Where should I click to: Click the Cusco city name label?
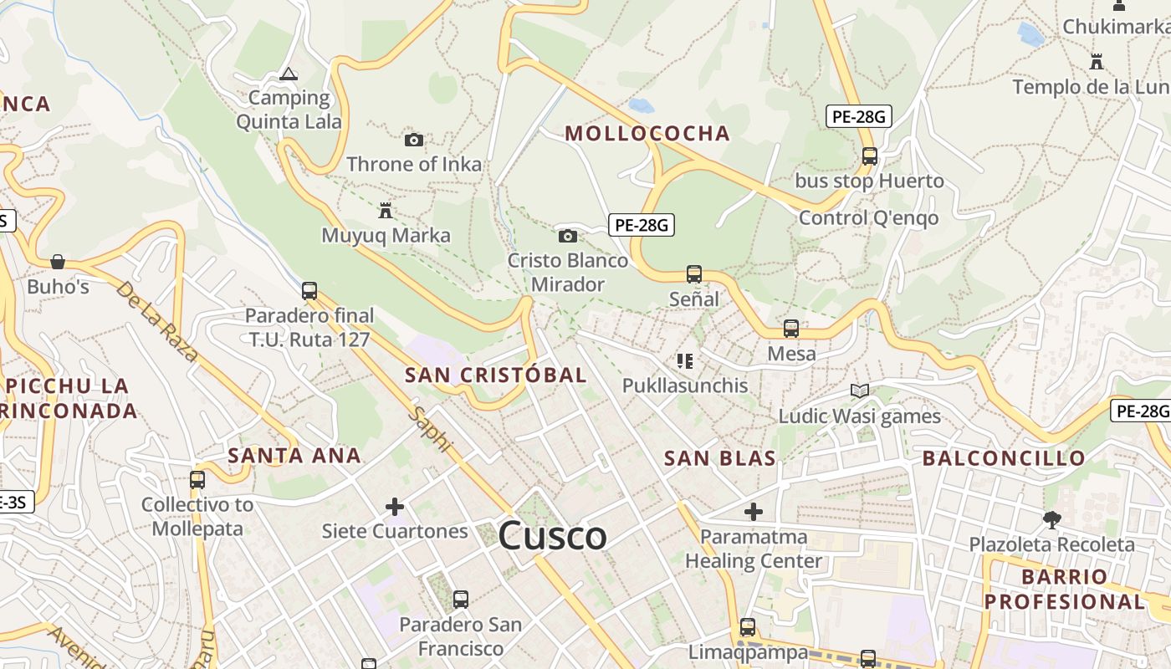pos(552,536)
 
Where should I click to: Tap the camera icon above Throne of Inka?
pos(413,140)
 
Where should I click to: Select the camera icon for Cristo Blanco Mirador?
pos(567,236)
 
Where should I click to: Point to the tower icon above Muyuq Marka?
pos(386,210)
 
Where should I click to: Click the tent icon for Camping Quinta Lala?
pos(289,74)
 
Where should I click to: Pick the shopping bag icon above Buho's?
pos(57,262)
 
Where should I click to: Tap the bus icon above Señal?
pos(693,273)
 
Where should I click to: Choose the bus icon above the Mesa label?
pos(790,329)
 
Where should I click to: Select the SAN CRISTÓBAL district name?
pos(496,375)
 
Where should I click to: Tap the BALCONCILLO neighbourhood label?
pos(1004,458)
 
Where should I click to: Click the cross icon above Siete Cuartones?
pos(394,507)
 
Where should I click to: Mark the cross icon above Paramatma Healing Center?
pos(753,511)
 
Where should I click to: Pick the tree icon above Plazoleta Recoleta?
pos(1051,520)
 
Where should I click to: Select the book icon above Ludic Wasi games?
pos(859,391)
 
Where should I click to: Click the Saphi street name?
pos(429,431)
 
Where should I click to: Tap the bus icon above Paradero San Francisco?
pos(460,600)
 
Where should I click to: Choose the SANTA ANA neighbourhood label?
pos(294,456)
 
